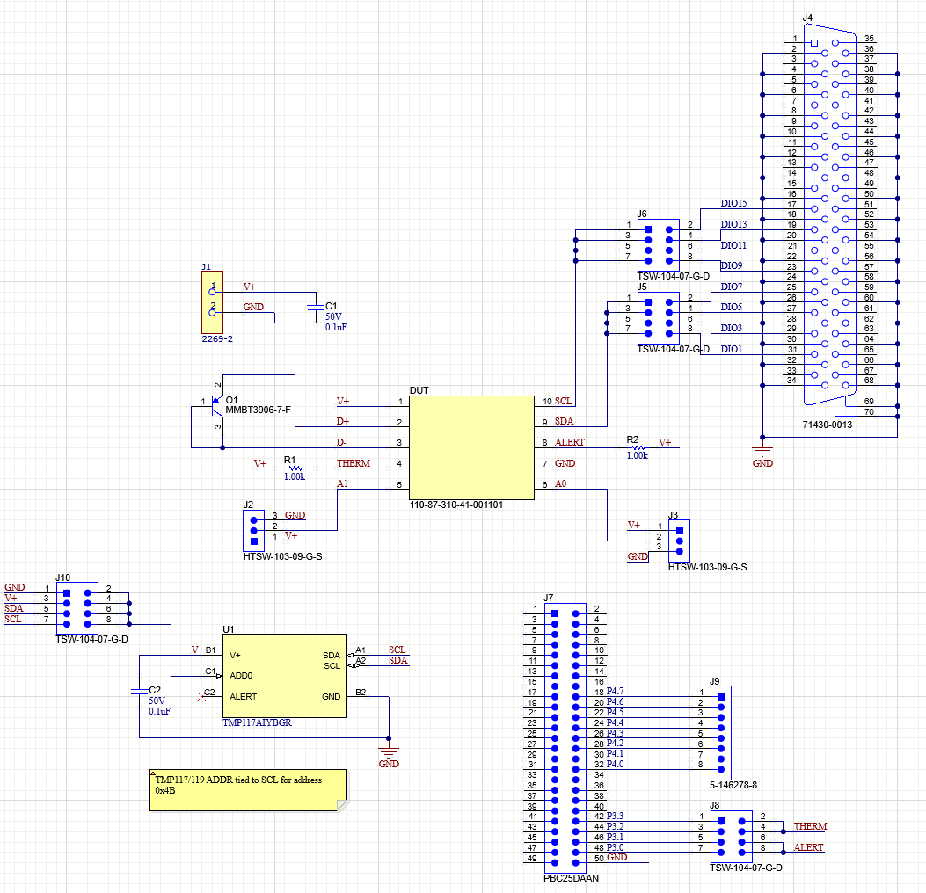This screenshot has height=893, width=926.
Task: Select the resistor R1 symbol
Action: pyautogui.click(x=294, y=468)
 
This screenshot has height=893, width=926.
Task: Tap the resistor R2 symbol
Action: pyautogui.click(x=638, y=446)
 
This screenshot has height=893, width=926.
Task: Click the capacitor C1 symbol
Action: pyautogui.click(x=315, y=307)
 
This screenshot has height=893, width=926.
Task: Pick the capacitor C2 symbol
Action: pyautogui.click(x=139, y=692)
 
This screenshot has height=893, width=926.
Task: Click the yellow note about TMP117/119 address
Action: pyautogui.click(x=248, y=790)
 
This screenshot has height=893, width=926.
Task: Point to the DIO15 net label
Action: pyautogui.click(x=733, y=204)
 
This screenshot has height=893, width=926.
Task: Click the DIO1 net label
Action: pyautogui.click(x=731, y=349)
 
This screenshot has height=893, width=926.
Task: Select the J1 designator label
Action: pyautogui.click(x=206, y=266)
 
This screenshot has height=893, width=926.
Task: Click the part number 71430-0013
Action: pyautogui.click(x=828, y=425)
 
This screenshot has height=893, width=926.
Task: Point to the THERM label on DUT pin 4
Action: pyautogui.click(x=354, y=463)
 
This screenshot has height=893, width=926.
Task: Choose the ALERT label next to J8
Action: pyautogui.click(x=809, y=847)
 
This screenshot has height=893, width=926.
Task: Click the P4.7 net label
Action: pyautogui.click(x=616, y=692)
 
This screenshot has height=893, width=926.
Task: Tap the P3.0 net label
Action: pyautogui.click(x=616, y=847)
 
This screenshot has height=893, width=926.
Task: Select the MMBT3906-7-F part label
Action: pyautogui.click(x=258, y=410)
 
